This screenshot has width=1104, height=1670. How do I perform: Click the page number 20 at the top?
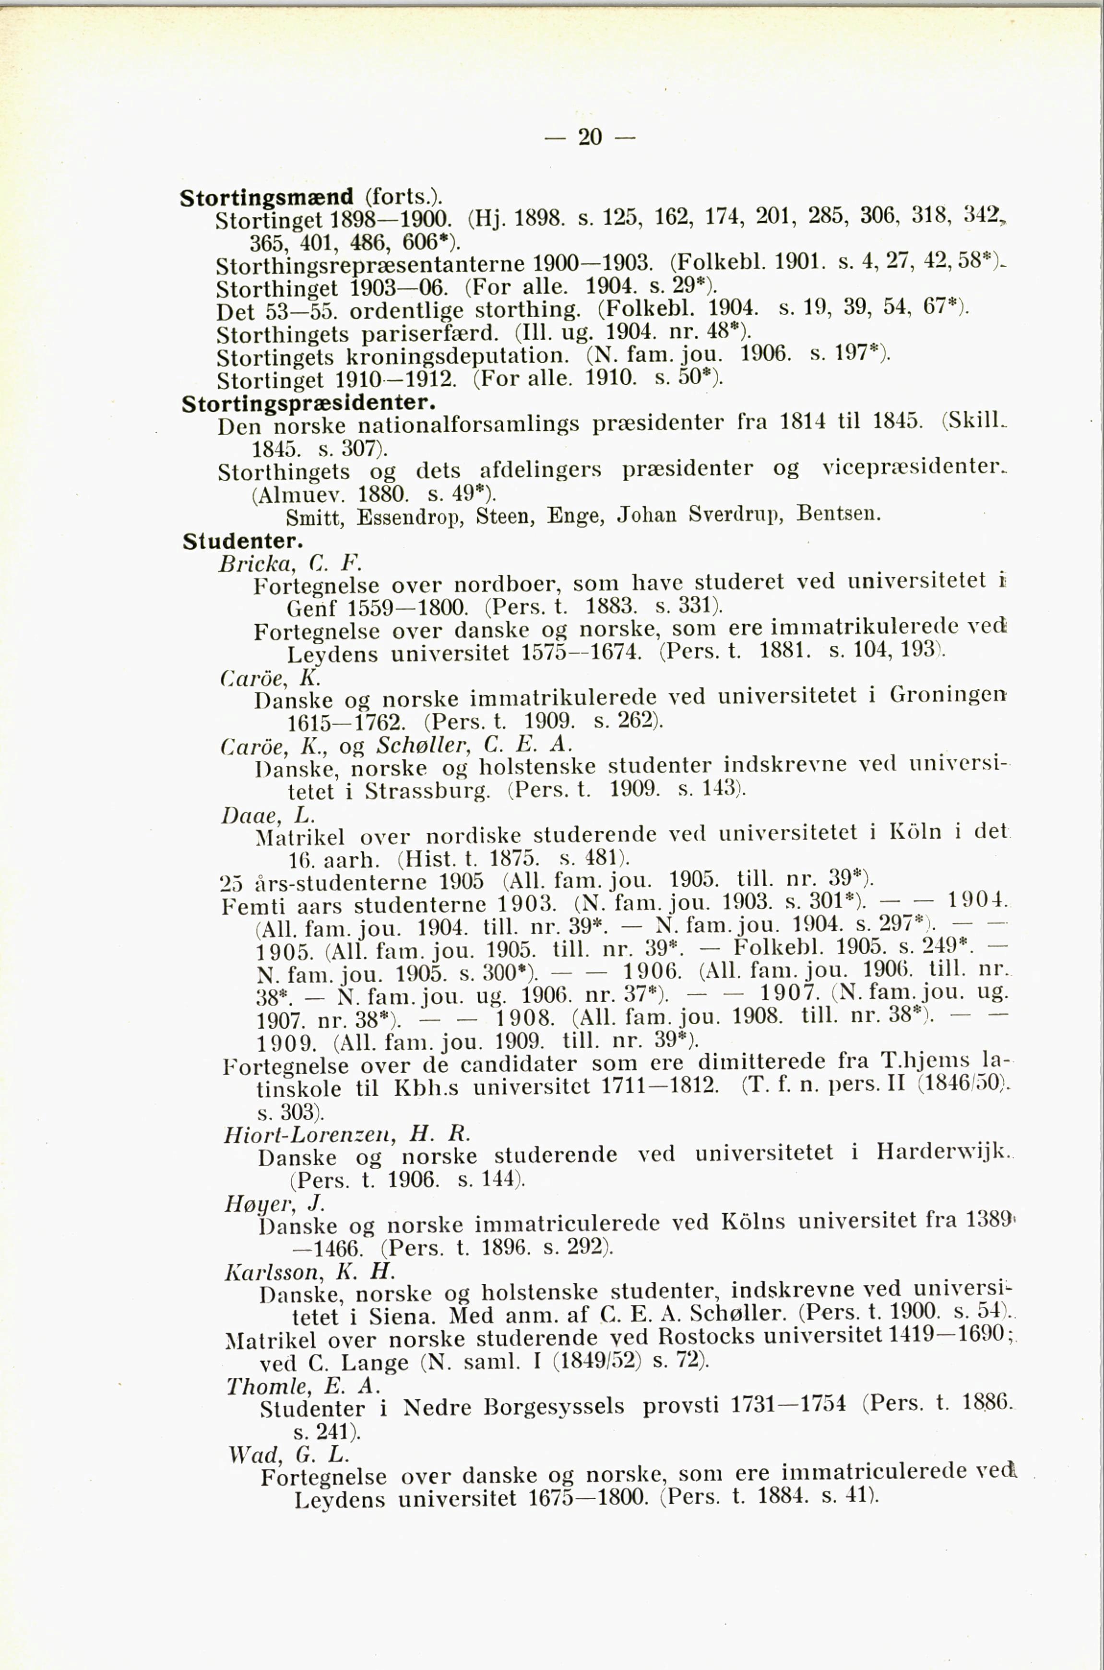tap(589, 136)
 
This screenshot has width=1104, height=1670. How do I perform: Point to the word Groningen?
tap(948, 696)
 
